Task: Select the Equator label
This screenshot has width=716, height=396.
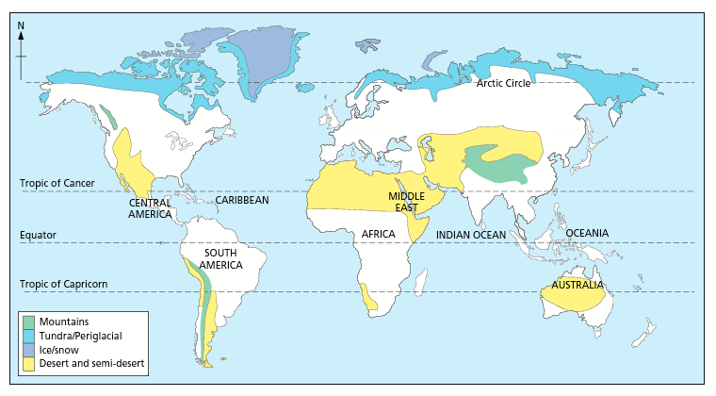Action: [x=38, y=235]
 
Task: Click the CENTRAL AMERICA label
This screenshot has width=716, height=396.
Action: [x=149, y=208]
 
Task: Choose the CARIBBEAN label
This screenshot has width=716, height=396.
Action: [x=242, y=201]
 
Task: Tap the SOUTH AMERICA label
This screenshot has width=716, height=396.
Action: [x=221, y=259]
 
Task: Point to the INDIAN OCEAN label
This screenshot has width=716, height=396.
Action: [x=471, y=234]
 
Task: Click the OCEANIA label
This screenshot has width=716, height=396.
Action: [x=587, y=233]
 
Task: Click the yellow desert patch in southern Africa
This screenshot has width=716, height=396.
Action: [x=366, y=296]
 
